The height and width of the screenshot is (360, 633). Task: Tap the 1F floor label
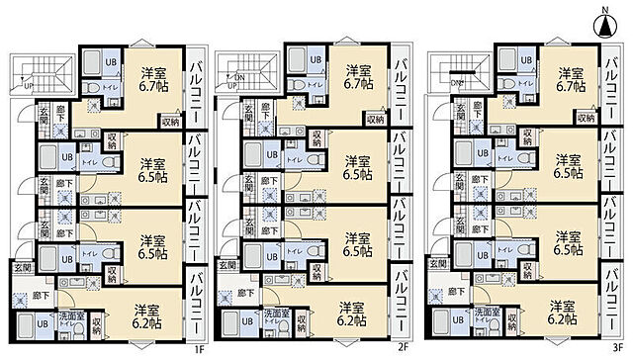point(198,347)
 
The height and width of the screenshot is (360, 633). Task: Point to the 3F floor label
point(618,347)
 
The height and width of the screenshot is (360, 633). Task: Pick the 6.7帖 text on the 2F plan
point(357,84)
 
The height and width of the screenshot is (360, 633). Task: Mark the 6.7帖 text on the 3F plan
point(569,84)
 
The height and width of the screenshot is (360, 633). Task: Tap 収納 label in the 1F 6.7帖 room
point(168,122)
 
